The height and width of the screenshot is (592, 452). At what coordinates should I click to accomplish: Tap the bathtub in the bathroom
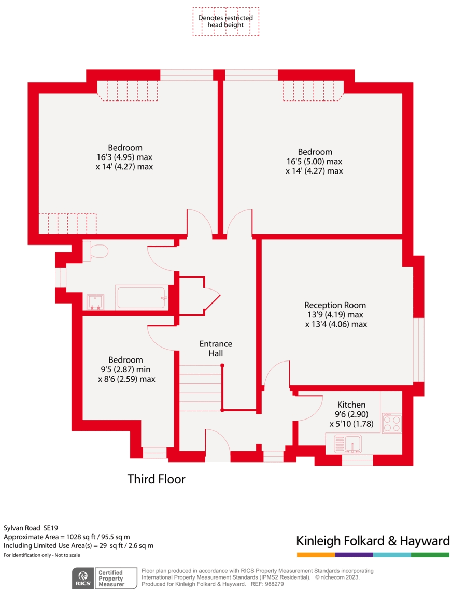[x=142, y=298]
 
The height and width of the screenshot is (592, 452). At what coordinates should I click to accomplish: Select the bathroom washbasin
[x=95, y=302]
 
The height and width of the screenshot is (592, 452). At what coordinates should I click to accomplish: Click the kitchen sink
[x=348, y=444]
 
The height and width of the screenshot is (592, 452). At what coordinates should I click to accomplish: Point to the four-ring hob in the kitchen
[x=392, y=423]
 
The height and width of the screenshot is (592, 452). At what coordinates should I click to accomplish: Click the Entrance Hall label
[x=216, y=349]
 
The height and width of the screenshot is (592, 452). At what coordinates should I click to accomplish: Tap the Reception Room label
[x=335, y=305]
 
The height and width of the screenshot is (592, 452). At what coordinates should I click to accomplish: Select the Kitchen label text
[x=351, y=405]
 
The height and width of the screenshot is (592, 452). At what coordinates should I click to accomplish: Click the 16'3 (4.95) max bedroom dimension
[x=124, y=157]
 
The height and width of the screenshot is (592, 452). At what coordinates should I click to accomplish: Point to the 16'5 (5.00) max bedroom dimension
[x=315, y=162]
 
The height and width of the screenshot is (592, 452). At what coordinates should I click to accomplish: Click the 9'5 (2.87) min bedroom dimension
[x=125, y=370]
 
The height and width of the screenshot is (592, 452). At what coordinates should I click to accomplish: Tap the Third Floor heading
[x=157, y=479]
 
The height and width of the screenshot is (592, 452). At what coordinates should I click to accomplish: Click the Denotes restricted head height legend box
[x=225, y=22]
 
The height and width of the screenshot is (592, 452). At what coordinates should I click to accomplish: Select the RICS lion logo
[x=83, y=578]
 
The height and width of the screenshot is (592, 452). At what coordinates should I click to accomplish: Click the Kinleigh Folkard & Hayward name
[x=373, y=541]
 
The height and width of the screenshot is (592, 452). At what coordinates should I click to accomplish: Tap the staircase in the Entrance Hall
[x=200, y=388]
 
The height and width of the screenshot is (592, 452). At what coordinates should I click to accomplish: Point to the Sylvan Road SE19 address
[x=31, y=528]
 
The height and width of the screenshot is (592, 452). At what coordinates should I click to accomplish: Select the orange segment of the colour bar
[x=316, y=555]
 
